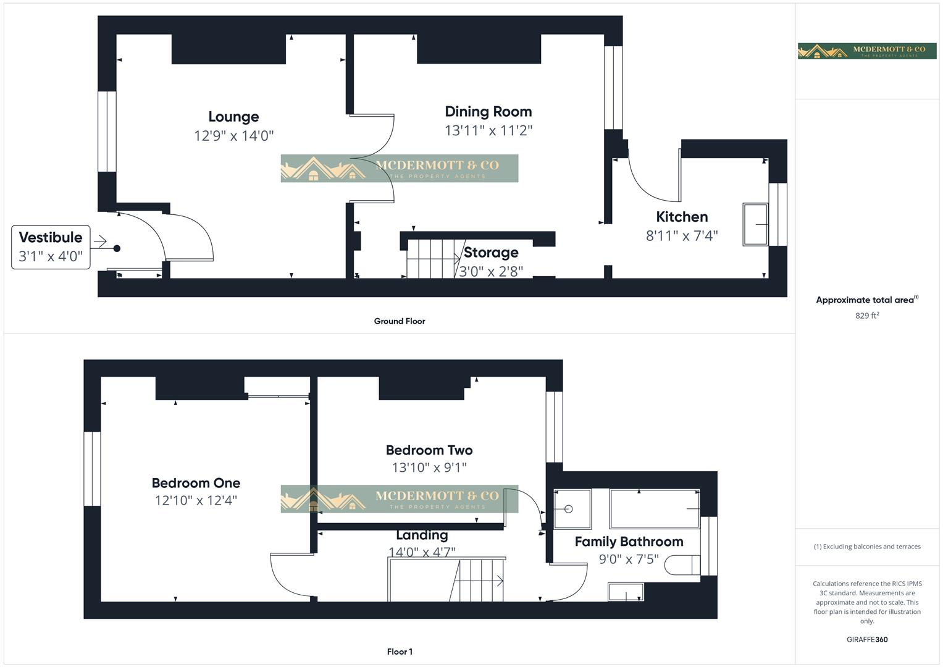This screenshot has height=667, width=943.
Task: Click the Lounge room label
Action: pyautogui.click(x=233, y=117)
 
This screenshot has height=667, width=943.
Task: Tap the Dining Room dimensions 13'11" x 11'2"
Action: pyautogui.click(x=488, y=130)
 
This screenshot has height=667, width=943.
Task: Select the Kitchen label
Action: pyautogui.click(x=682, y=217)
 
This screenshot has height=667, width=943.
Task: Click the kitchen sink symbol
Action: pyautogui.click(x=755, y=225)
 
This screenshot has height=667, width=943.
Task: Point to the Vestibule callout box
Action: pyautogui.click(x=51, y=246)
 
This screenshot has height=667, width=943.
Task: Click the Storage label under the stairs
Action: pyautogui.click(x=491, y=253)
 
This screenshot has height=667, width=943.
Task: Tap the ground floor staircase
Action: pyautogui.click(x=430, y=259)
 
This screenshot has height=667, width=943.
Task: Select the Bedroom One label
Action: pyautogui.click(x=196, y=483)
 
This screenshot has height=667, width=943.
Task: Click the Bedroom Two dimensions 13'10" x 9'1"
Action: pyautogui.click(x=429, y=468)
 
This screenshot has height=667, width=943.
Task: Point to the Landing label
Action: pyautogui.click(x=422, y=535)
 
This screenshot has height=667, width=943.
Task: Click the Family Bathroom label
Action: pyautogui.click(x=629, y=542)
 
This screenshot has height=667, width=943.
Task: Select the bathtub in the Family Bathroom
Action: pyautogui.click(x=655, y=509)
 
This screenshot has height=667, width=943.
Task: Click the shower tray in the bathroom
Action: pyautogui.click(x=572, y=509)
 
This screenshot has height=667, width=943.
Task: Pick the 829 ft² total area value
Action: pyautogui.click(x=867, y=316)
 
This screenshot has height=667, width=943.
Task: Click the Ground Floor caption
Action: pyautogui.click(x=400, y=321)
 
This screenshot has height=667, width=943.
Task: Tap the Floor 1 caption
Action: pyautogui.click(x=400, y=652)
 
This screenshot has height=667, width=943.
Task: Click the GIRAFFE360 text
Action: pyautogui.click(x=867, y=640)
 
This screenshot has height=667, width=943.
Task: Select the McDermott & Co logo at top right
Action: pyautogui.click(x=867, y=51)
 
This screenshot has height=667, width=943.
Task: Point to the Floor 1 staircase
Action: pyautogui.click(x=479, y=580)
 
